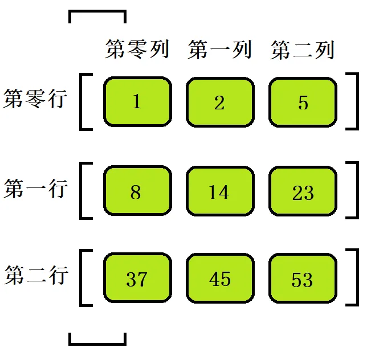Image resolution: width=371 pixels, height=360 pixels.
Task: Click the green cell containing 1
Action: pyautogui.click(x=137, y=102)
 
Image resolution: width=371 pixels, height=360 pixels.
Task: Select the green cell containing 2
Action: pyautogui.click(x=220, y=102)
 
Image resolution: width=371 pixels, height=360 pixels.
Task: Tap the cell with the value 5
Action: pyautogui.click(x=303, y=102)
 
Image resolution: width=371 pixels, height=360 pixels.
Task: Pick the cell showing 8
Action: pyautogui.click(x=137, y=191)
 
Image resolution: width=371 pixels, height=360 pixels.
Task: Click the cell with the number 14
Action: pyautogui.click(x=220, y=191)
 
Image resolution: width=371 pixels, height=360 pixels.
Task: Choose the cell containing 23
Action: pyautogui.click(x=303, y=191)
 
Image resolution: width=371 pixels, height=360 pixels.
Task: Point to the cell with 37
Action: pyautogui.click(x=137, y=279)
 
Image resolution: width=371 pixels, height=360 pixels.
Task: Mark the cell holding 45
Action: pyautogui.click(x=220, y=279)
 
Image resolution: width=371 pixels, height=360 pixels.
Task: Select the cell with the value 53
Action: pyautogui.click(x=303, y=279)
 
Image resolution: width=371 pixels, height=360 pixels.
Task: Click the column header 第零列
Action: pyautogui.click(x=137, y=50)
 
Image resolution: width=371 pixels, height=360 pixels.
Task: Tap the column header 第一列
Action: pyautogui.click(x=220, y=50)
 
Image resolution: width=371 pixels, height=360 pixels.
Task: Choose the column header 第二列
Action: pyautogui.click(x=303, y=50)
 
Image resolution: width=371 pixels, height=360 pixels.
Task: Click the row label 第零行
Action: pyautogui.click(x=35, y=99)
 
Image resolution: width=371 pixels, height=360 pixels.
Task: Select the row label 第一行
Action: pyautogui.click(x=35, y=188)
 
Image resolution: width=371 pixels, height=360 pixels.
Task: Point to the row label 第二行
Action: pyautogui.click(x=35, y=276)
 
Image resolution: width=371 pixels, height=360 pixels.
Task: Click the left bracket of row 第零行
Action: pyautogui.click(x=84, y=102)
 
